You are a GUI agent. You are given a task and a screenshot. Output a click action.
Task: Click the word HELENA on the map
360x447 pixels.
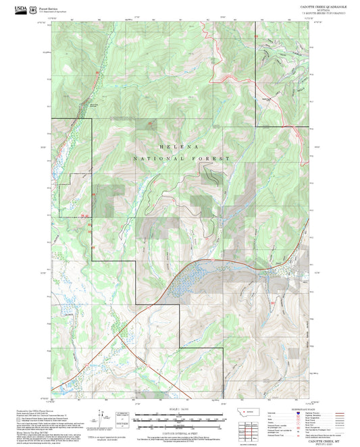point(179,146)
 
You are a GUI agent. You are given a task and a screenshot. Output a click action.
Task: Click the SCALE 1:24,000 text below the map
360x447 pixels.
point(179,409)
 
